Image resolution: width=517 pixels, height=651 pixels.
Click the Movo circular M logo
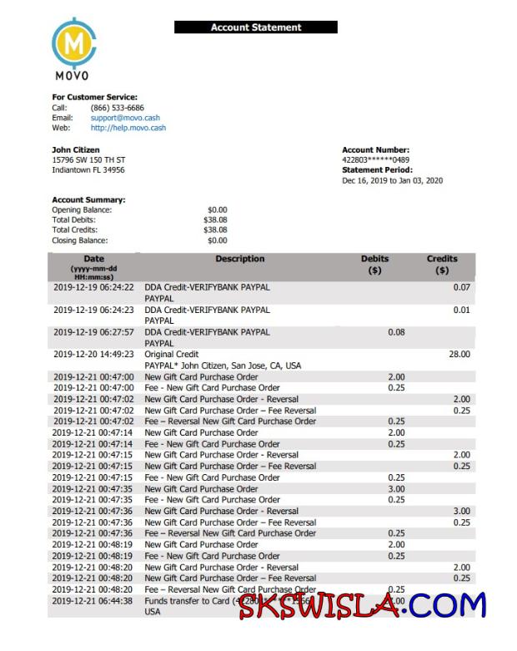tap(73, 42)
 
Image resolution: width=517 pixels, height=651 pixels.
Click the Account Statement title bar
tap(256, 28)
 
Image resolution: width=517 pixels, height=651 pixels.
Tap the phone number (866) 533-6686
tap(117, 108)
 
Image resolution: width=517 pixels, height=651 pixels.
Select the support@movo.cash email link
tap(125, 118)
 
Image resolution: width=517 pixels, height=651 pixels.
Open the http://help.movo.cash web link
tap(128, 128)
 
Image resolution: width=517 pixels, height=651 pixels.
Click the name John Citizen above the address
tap(76, 150)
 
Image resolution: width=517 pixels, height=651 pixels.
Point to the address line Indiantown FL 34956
tap(88, 169)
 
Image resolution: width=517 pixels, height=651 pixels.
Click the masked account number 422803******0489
tap(375, 160)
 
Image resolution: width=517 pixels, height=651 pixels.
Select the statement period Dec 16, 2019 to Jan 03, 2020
tap(392, 180)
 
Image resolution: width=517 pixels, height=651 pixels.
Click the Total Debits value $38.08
tap(215, 220)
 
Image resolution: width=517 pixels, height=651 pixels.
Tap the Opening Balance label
tap(82, 209)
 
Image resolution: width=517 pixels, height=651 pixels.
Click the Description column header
tap(239, 259)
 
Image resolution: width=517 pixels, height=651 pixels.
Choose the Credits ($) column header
tap(442, 265)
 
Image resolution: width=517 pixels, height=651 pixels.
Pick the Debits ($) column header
tap(374, 265)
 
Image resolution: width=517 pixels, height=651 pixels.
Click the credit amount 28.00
tap(459, 355)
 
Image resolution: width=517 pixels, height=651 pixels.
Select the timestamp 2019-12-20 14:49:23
tap(93, 355)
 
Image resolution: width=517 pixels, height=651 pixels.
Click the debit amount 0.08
tap(396, 332)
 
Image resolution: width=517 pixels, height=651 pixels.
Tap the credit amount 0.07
tap(461, 287)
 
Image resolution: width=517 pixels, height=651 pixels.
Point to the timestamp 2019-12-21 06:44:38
tap(93, 601)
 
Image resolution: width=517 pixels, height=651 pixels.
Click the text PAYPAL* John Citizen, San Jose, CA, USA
tap(223, 366)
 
